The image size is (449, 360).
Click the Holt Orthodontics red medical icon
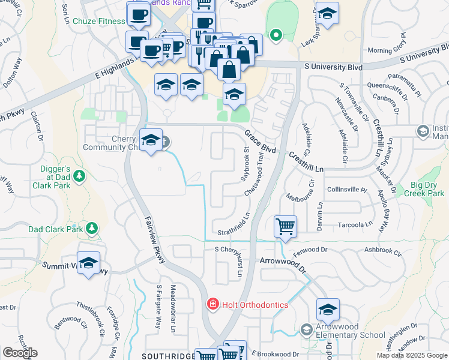[212, 305]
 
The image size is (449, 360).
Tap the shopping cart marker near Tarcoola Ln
[285, 227]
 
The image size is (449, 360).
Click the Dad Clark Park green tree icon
[91, 229]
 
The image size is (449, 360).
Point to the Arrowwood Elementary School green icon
[307, 330]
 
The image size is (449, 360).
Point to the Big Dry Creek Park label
[427, 189]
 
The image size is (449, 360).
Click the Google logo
[20, 353]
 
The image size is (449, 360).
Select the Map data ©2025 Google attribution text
[412, 355]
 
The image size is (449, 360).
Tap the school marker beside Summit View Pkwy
[88, 263]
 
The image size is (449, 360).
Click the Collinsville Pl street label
[346, 190]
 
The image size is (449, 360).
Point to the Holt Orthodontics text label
[255, 305]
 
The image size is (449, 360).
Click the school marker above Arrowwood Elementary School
[328, 310]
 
